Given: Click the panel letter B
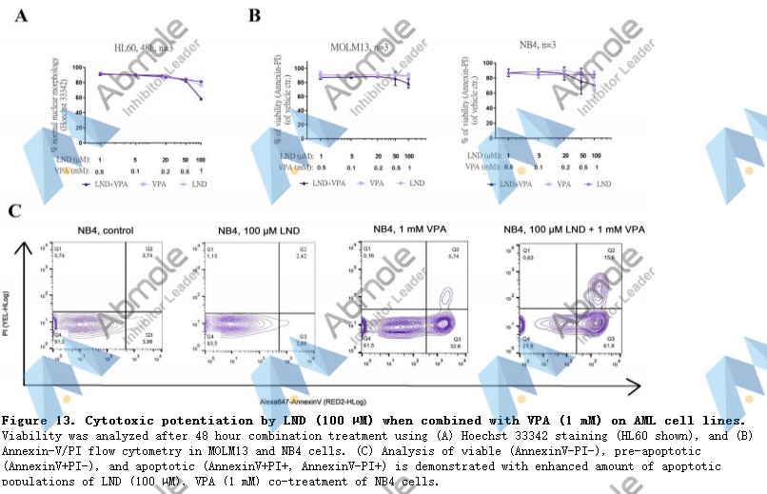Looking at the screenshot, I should (x=254, y=14).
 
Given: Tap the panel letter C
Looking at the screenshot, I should (x=15, y=210).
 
